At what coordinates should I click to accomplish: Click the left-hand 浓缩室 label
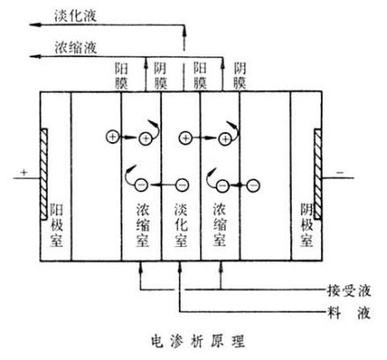(x=142, y=224)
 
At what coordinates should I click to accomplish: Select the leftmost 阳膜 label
(x=123, y=73)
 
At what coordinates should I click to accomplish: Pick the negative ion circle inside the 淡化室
(x=182, y=185)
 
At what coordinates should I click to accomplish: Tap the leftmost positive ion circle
(x=113, y=137)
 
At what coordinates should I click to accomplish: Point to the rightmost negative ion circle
(x=253, y=185)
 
